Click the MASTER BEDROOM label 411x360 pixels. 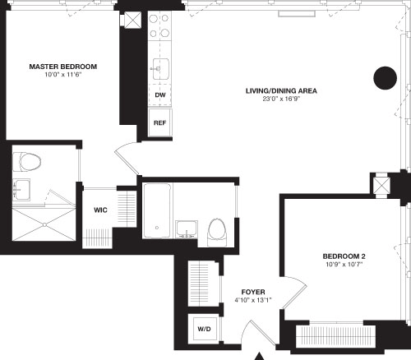(62, 66)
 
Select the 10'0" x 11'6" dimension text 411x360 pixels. (62, 76)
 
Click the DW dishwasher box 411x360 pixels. (159, 95)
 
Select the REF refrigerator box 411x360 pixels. (159, 122)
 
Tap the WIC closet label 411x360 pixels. (101, 210)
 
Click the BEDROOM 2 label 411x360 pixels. (343, 256)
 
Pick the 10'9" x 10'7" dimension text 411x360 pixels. (343, 266)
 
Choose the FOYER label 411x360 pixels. (252, 292)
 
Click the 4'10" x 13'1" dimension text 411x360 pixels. (252, 301)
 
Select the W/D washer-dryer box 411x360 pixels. (202, 329)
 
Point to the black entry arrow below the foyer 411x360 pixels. (261, 355)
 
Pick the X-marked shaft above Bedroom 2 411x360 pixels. (381, 185)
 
